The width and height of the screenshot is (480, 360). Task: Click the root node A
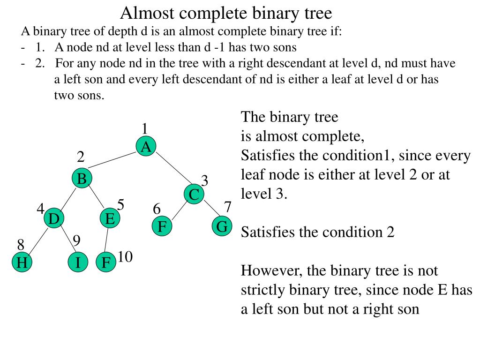146,147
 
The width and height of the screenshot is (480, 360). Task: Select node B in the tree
82,179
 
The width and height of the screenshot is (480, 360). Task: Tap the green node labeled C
194,195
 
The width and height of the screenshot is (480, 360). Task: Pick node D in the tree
54,219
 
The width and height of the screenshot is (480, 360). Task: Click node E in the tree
110,219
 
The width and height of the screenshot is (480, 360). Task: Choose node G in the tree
222,227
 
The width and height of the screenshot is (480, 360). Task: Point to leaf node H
22,262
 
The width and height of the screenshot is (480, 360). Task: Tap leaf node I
78,262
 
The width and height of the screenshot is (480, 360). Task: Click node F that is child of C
162,227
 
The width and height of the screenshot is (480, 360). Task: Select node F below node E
106,262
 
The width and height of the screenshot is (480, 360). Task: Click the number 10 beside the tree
125,257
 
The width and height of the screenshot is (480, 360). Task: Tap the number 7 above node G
228,207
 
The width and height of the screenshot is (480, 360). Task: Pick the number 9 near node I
77,241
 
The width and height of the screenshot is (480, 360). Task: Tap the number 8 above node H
21,245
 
